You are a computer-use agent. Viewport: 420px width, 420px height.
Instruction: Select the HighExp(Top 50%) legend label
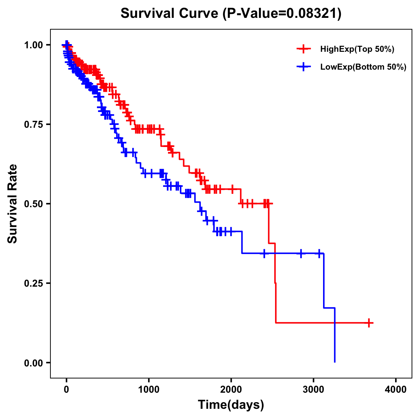point(357,49)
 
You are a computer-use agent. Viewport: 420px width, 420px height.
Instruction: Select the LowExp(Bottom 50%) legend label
point(363,67)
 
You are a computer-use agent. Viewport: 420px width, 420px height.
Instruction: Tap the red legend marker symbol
point(303,49)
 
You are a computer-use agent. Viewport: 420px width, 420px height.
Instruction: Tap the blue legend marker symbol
point(303,67)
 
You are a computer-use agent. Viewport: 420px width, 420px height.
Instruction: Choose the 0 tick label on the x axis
point(66,390)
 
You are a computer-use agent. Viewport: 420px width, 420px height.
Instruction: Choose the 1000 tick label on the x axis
point(149,390)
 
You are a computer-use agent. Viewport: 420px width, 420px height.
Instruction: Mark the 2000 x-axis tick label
point(231,390)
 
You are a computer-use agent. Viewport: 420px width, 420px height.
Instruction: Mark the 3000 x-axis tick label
point(314,390)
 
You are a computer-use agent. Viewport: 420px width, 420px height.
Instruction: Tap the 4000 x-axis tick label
point(396,390)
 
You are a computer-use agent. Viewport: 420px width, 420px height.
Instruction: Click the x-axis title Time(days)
point(231,405)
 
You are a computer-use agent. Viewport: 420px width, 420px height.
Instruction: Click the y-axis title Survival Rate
point(13,203)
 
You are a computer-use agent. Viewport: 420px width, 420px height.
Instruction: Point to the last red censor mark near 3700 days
point(369,323)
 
